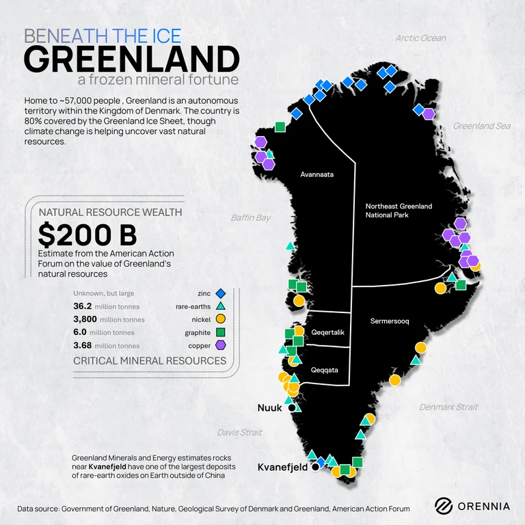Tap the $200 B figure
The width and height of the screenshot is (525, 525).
click(87, 234)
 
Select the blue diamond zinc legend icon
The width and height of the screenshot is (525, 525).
click(220, 293)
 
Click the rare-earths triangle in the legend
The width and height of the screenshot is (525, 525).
click(220, 306)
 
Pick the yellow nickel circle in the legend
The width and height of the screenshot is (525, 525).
click(220, 319)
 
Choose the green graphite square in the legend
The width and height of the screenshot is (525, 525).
click(220, 332)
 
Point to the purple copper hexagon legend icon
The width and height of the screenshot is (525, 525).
click(220, 345)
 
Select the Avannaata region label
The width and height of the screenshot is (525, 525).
click(317, 175)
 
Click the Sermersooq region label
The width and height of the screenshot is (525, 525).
click(390, 321)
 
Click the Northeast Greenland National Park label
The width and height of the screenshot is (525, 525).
click(399, 211)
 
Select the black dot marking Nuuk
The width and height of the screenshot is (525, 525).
click(293, 408)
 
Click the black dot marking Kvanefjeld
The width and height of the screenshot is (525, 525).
click(315, 468)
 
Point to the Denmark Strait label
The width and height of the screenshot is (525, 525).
click(448, 407)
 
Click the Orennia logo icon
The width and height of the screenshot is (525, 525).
click(444, 506)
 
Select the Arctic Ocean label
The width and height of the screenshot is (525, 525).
click(420, 38)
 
